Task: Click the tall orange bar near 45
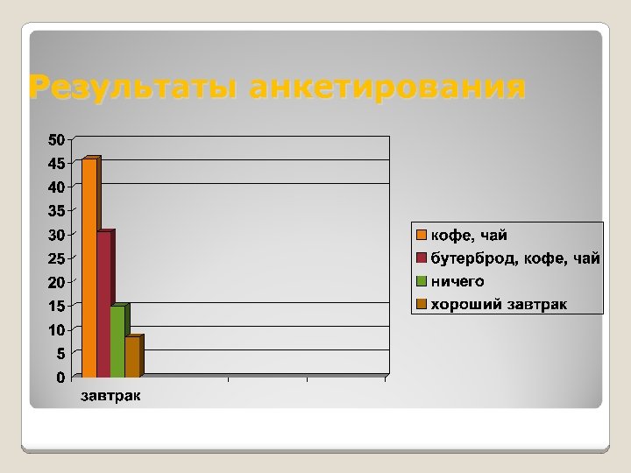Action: (x=89, y=267)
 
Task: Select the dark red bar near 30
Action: (x=103, y=303)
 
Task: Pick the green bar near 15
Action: (x=117, y=341)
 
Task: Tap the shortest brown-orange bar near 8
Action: (x=131, y=356)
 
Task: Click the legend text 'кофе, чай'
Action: (x=468, y=236)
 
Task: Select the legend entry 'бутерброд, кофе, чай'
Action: (x=514, y=258)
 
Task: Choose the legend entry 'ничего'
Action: (x=456, y=281)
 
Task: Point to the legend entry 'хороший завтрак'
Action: (x=498, y=304)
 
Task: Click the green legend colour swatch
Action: (x=421, y=281)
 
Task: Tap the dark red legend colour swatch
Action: (x=421, y=258)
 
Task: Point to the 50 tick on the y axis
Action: (x=56, y=139)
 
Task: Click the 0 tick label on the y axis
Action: (x=60, y=378)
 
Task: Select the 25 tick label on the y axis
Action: (x=56, y=258)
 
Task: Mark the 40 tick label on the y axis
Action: (x=56, y=187)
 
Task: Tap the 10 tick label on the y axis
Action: (x=56, y=330)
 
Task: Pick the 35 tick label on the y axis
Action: (x=56, y=211)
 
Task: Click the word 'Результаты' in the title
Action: (x=132, y=88)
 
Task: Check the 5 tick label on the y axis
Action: (x=60, y=354)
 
